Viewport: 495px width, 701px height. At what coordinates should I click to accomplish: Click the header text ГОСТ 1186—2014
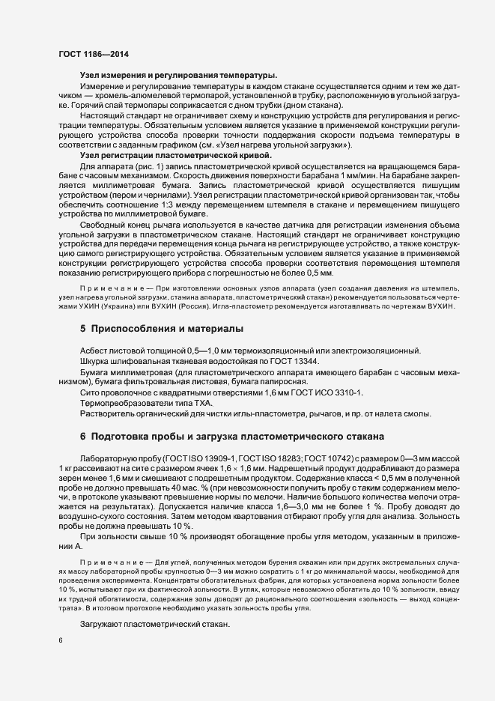93,55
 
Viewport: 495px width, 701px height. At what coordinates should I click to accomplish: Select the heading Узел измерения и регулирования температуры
178,76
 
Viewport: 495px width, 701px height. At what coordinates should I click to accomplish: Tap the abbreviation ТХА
184,403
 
